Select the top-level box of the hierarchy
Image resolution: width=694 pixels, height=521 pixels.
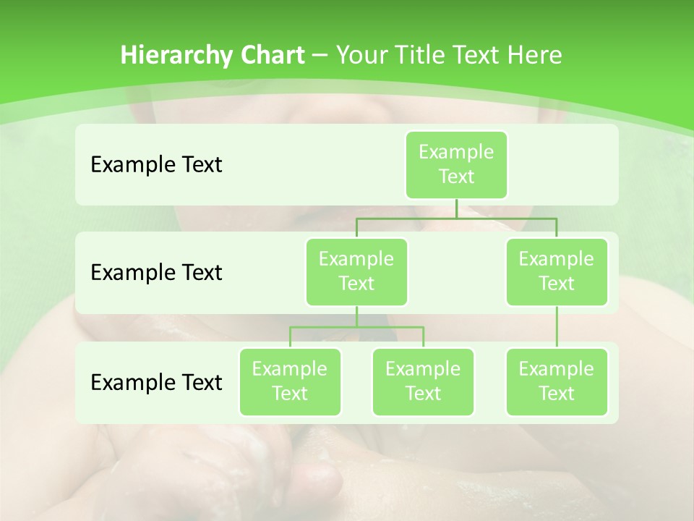pos(456,164)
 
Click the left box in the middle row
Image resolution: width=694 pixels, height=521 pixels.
pos(356,271)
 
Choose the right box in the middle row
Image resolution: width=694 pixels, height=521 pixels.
pos(556,271)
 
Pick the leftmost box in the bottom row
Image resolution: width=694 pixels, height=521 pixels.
pos(290,381)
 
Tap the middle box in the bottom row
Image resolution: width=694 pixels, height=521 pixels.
pos(423,381)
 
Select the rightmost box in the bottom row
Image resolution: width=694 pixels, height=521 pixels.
pos(556,381)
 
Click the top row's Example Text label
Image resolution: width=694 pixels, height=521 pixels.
pos(156,165)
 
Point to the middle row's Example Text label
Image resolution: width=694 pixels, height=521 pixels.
pos(156,273)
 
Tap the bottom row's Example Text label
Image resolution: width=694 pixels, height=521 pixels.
pos(156,382)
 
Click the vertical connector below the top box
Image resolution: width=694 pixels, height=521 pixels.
pos(456,208)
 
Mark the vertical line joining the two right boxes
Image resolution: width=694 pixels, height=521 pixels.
pos(557,327)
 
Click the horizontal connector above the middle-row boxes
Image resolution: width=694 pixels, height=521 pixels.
pos(456,218)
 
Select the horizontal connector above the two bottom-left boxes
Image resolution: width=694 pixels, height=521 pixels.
pos(356,327)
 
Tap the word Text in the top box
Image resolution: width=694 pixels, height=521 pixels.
pos(456,177)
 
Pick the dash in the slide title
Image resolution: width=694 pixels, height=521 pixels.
pos(320,56)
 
